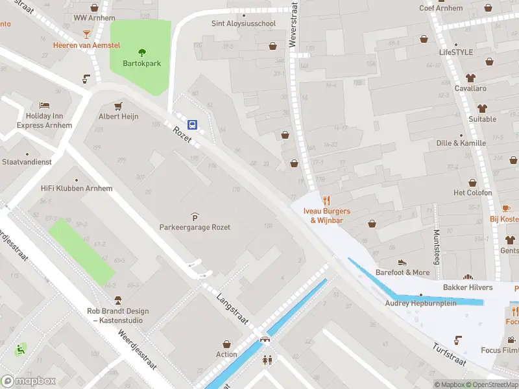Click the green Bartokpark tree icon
141,53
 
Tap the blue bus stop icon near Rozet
193,124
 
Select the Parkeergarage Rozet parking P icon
195,216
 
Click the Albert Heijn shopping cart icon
118,106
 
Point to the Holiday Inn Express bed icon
44,105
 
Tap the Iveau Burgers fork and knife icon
326,200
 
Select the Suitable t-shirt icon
482,108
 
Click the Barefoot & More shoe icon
402,262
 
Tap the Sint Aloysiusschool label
243,23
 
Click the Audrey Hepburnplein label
421,303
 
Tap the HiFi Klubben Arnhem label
77,189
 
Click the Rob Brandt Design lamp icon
117,300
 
